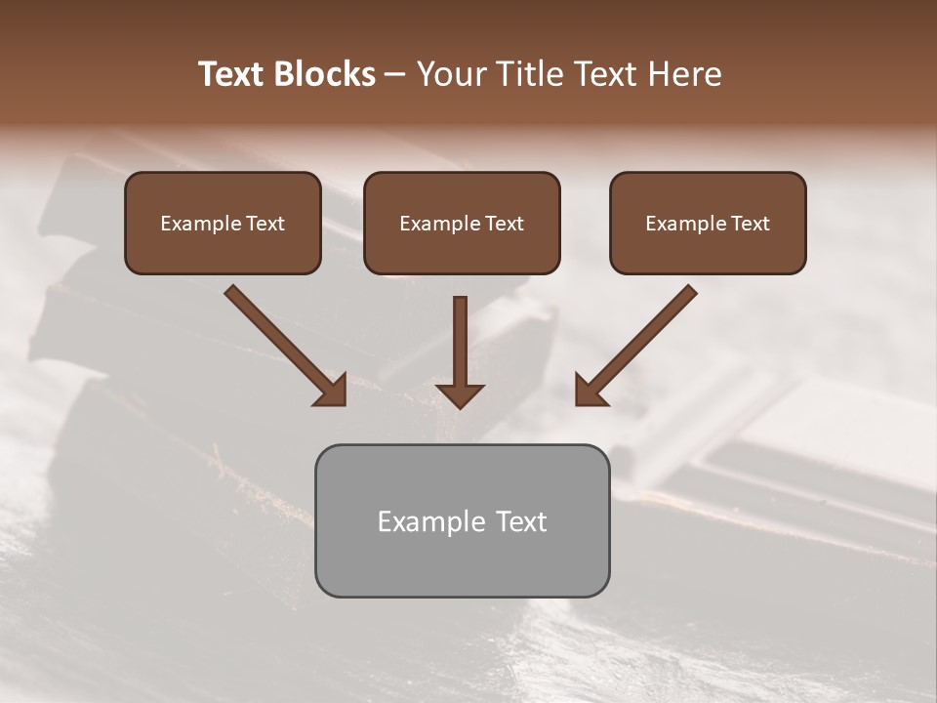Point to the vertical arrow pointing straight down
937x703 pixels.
pyautogui.click(x=461, y=342)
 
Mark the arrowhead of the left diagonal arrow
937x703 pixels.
pyautogui.click(x=332, y=391)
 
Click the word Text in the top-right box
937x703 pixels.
pyautogui.click(x=750, y=224)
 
